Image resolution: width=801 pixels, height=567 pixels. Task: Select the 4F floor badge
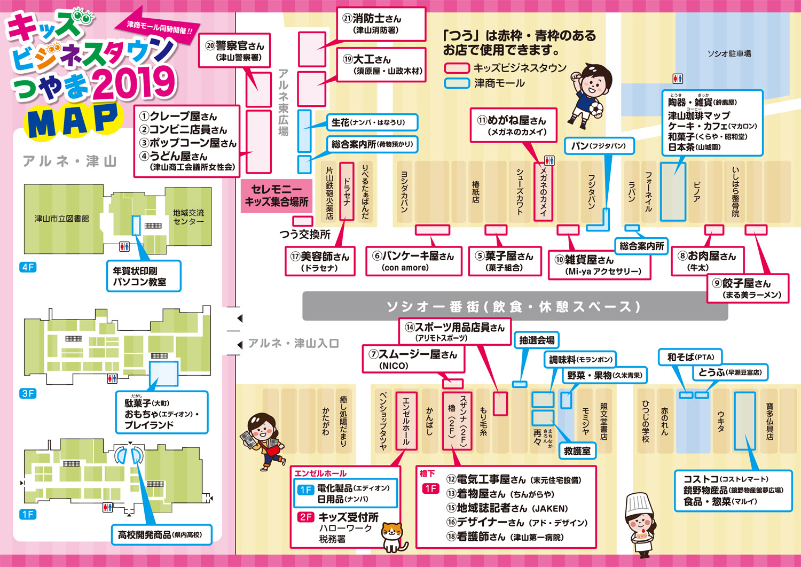[x=28, y=267]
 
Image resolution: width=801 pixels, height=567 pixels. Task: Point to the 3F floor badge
[x=28, y=393]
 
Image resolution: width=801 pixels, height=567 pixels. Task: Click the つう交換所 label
[x=305, y=234]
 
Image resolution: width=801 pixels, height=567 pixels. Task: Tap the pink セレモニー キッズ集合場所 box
[x=276, y=196]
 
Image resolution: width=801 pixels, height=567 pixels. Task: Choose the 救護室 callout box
[x=577, y=451]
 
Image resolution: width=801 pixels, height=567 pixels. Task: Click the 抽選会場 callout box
[x=537, y=340]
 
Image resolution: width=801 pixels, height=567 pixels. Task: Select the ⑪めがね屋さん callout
[x=512, y=126]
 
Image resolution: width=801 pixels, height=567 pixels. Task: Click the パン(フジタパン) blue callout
[x=598, y=146]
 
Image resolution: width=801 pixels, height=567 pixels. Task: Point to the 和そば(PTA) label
[x=690, y=357]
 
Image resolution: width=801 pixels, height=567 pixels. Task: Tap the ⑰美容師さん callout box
[x=320, y=261]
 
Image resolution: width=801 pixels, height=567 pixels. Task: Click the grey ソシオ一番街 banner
[x=515, y=306]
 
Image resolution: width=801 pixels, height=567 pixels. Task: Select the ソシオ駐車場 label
[x=729, y=53]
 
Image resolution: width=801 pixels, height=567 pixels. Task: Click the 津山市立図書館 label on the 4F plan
[x=61, y=219]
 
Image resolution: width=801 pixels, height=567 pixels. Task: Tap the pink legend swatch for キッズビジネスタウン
[x=457, y=68]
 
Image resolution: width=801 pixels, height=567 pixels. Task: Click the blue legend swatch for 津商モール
[x=457, y=83]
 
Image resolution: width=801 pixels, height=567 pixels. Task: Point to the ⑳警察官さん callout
[x=234, y=51]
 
